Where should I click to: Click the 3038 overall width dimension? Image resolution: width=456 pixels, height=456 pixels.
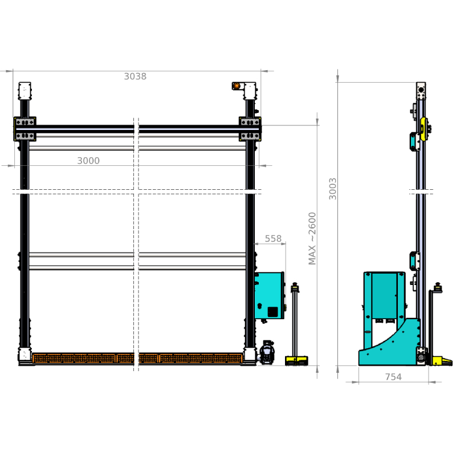(135, 76)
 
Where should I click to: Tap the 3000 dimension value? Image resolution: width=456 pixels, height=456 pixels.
(88, 161)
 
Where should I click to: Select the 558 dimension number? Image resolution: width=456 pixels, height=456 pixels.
(273, 238)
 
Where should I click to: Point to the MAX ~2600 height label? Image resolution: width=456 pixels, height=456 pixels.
(312, 238)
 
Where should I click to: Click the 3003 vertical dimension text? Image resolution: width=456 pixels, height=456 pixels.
(332, 189)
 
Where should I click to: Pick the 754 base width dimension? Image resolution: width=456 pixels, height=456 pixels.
(393, 377)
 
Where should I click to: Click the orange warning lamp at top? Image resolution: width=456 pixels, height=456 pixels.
(237, 86)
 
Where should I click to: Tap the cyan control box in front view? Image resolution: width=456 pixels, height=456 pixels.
(269, 295)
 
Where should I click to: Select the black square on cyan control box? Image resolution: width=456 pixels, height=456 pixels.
(273, 311)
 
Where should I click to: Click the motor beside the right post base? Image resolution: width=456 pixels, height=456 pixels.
(267, 352)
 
